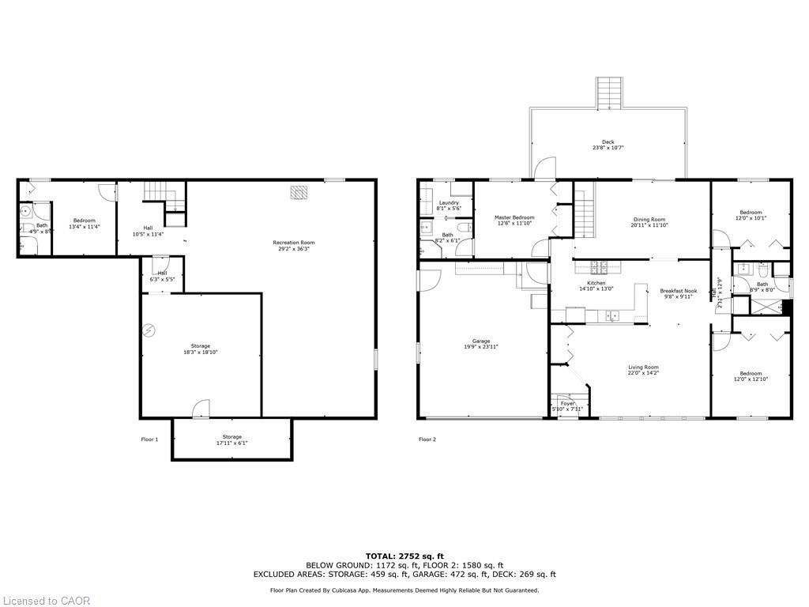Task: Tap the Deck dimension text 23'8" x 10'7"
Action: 608,148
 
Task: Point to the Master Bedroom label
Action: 514,217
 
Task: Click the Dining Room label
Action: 649,220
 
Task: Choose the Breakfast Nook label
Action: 678,291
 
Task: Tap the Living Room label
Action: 643,367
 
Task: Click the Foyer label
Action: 568,404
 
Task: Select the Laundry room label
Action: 448,203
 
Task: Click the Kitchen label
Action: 596,283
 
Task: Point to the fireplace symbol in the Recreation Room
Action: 299,192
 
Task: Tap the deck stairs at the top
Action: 608,92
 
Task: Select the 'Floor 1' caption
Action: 149,439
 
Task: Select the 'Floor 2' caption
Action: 427,439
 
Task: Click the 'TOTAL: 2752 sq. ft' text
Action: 404,556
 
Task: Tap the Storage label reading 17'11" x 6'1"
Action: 231,439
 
